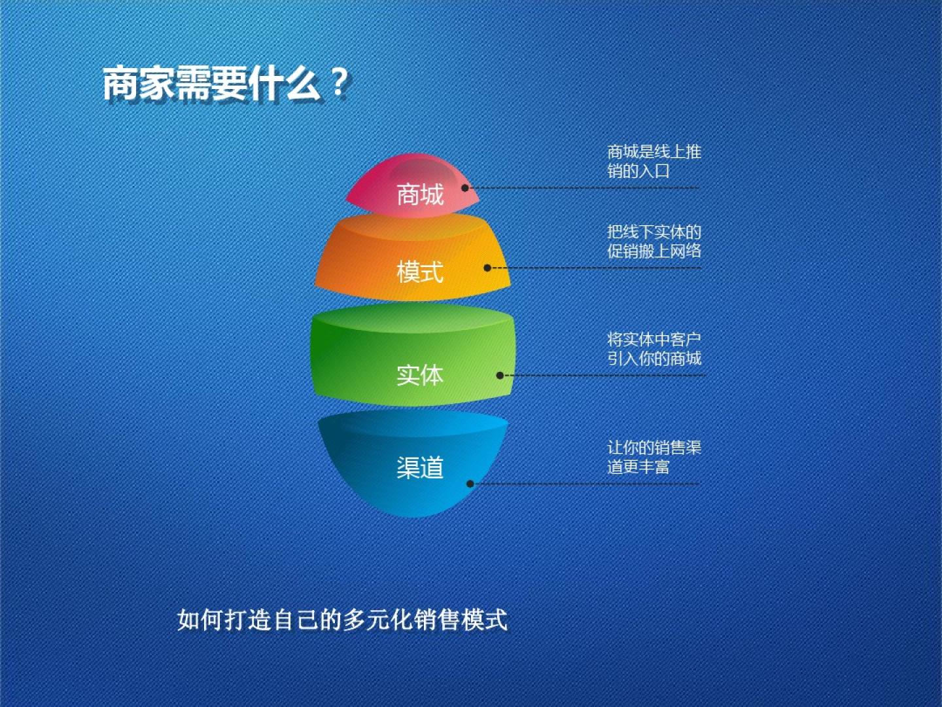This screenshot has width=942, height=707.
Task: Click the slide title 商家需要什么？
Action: click(225, 84)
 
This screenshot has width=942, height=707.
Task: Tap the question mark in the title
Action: click(339, 83)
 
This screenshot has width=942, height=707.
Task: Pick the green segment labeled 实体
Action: click(413, 355)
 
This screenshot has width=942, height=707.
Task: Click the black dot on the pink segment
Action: click(464, 188)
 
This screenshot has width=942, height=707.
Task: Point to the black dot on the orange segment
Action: click(487, 268)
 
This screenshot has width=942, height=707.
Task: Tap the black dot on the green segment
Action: click(500, 376)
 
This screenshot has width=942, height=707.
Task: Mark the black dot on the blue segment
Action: click(470, 484)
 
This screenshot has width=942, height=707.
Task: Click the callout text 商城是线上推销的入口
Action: click(654, 162)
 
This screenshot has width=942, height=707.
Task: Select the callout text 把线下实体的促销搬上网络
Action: click(654, 242)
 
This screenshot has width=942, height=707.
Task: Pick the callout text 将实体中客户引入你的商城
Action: click(654, 349)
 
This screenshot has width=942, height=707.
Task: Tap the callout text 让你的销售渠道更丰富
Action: click(654, 457)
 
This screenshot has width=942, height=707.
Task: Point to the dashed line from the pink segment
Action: click(584, 188)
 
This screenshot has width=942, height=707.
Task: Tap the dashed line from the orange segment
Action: click(596, 268)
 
